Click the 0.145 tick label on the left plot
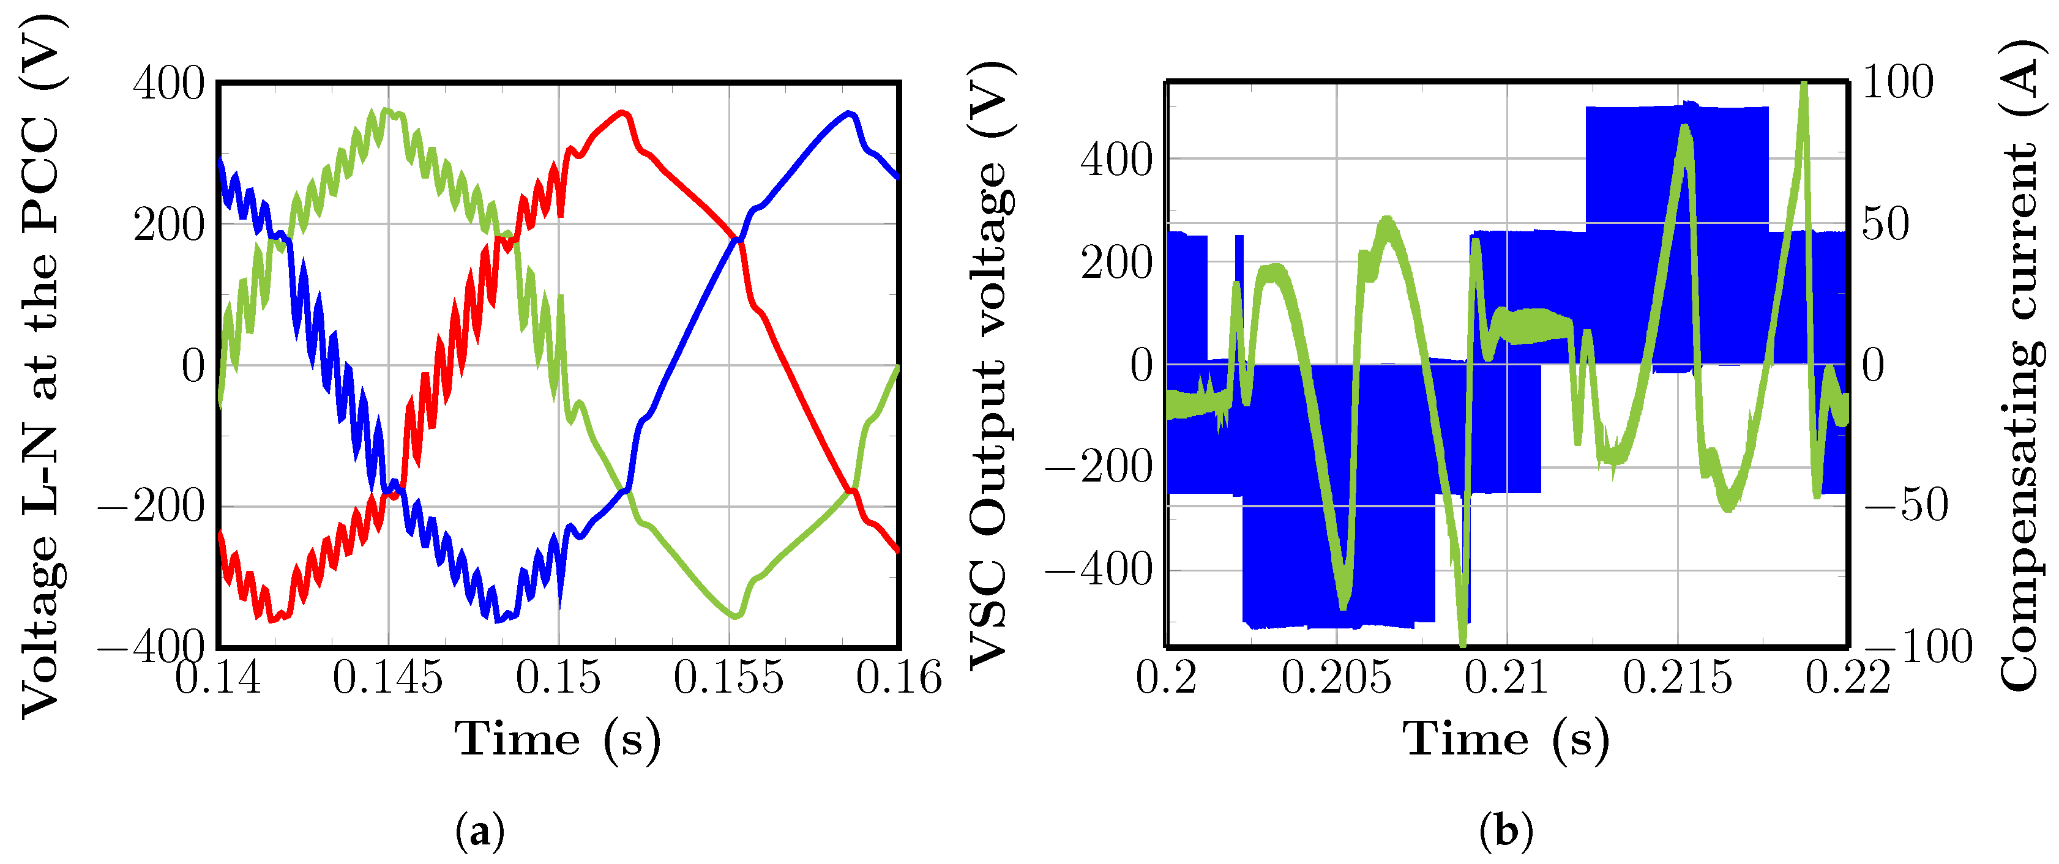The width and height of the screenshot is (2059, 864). click(x=387, y=678)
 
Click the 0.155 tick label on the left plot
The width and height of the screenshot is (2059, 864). click(x=728, y=678)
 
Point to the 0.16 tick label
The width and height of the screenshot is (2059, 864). click(x=899, y=678)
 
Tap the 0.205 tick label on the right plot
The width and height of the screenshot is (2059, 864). click(x=1336, y=678)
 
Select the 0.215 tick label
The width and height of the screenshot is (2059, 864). click(x=1677, y=678)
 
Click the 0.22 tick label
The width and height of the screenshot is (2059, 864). click(x=1847, y=678)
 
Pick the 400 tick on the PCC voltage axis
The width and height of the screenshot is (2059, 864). click(x=169, y=83)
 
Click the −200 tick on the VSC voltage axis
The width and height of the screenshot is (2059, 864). click(x=1099, y=467)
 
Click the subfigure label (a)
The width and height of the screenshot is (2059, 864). click(x=480, y=831)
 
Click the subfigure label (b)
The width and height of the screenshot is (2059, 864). click(x=1506, y=831)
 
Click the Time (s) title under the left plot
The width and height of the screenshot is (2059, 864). click(x=558, y=739)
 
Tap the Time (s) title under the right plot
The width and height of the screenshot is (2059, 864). click(x=1506, y=739)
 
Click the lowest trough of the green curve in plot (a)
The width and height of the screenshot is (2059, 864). click(x=735, y=616)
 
